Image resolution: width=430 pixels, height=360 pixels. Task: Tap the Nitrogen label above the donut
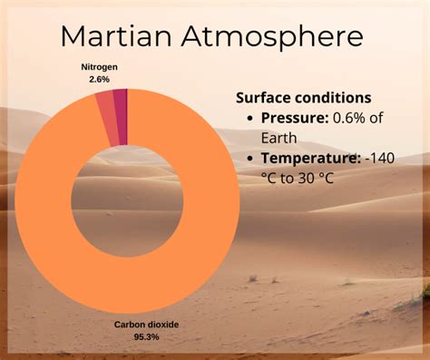pyautogui.click(x=99, y=67)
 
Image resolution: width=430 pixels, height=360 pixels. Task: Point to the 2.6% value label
pyautogui.click(x=99, y=79)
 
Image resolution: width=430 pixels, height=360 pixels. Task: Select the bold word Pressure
pyautogui.click(x=291, y=118)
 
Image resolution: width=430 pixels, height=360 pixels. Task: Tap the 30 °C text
pyautogui.click(x=315, y=178)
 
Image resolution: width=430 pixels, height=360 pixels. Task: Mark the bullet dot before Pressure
pyautogui.click(x=249, y=119)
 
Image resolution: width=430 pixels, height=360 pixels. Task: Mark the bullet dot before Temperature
pyautogui.click(x=249, y=159)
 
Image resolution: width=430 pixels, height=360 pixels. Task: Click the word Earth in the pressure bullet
pyautogui.click(x=280, y=138)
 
